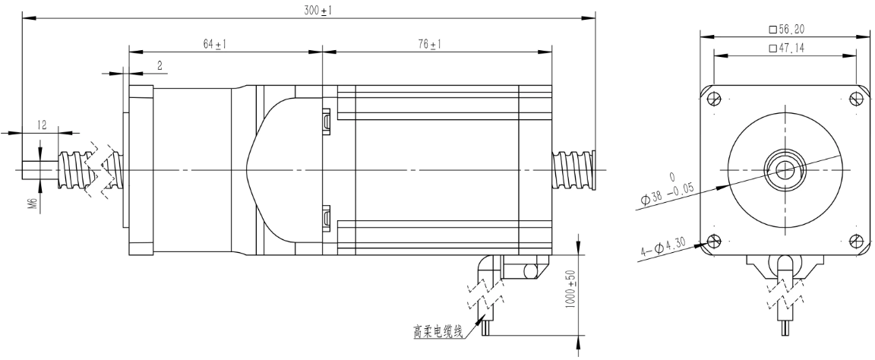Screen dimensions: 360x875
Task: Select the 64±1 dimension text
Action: (x=216, y=45)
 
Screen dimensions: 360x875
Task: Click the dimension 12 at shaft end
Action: (x=43, y=125)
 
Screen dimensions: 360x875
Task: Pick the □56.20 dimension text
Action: (x=786, y=29)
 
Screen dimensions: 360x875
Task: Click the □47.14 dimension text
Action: (x=786, y=48)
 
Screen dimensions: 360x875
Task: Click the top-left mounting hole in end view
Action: (x=714, y=99)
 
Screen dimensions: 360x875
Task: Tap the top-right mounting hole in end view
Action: (x=856, y=99)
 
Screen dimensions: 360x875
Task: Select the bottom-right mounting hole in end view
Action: (x=856, y=241)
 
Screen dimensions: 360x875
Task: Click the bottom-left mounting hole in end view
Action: (x=714, y=241)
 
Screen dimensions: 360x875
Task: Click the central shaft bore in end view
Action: (x=785, y=169)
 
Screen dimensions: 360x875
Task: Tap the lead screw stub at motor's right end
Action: (x=574, y=171)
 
